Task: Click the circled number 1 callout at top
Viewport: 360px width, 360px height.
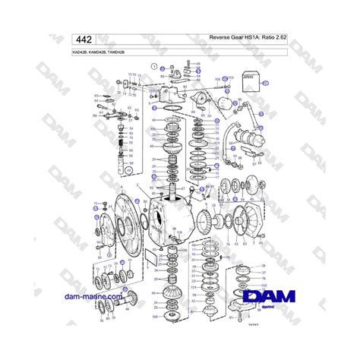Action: coord(154,68)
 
